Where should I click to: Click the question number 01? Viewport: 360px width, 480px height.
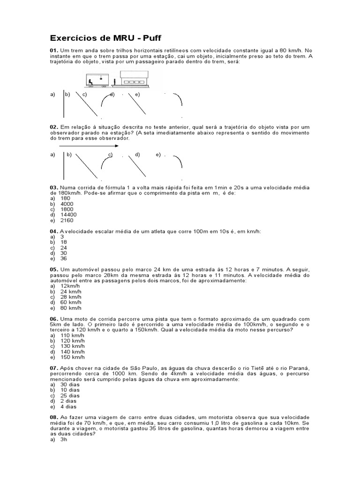click(x=53, y=50)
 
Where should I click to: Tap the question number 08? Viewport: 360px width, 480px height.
click(x=53, y=417)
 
